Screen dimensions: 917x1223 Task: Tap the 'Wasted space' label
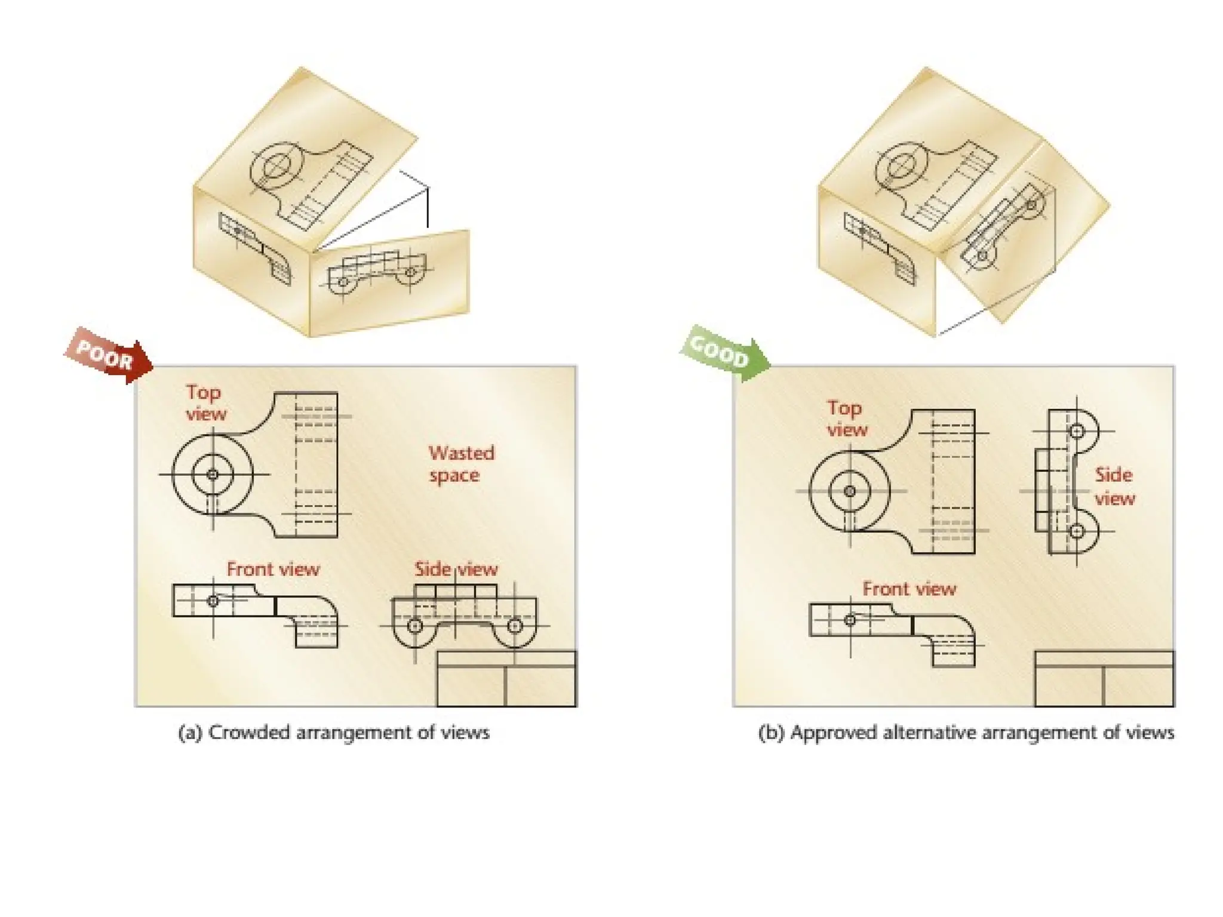click(461, 464)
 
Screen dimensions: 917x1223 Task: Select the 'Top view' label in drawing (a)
click(205, 403)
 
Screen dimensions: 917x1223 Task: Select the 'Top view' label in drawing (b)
click(846, 419)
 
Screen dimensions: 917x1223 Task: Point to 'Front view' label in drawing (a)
click(273, 569)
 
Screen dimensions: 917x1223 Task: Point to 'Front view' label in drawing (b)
click(909, 589)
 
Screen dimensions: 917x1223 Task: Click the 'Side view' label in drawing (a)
click(456, 569)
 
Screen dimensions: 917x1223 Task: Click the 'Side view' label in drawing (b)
click(1114, 487)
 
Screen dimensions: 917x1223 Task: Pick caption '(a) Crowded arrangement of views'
click(334, 733)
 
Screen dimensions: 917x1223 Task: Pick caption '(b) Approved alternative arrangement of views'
click(966, 733)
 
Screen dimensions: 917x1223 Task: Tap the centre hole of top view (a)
click(213, 475)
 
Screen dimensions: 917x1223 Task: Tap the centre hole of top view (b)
click(850, 491)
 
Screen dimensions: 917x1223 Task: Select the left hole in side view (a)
click(415, 626)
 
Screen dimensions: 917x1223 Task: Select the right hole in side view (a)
click(515, 626)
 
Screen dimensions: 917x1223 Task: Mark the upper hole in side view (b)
click(1077, 431)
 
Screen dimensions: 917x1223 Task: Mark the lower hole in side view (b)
click(1077, 531)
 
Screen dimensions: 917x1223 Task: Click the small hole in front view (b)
click(850, 620)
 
